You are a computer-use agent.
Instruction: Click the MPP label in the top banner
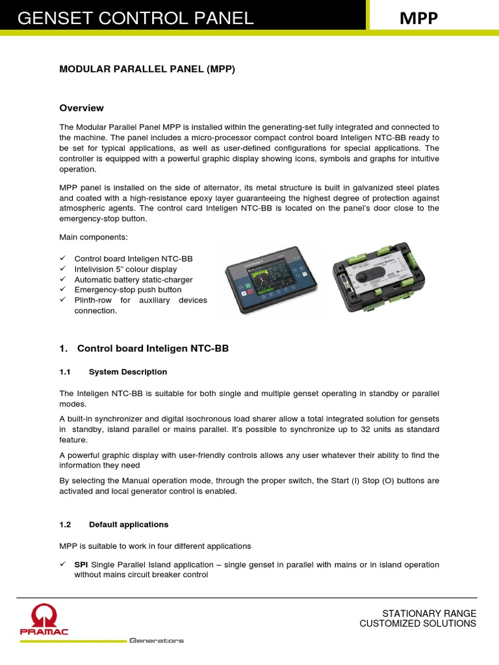point(418,19)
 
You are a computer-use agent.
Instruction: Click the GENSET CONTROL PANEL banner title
point(135,18)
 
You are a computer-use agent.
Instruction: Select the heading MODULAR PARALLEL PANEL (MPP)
point(147,69)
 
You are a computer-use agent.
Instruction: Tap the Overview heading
point(81,108)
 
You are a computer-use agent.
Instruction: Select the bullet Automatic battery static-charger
point(133,279)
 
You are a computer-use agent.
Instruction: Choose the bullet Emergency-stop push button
point(128,290)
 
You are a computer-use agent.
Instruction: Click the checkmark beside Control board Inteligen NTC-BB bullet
point(63,258)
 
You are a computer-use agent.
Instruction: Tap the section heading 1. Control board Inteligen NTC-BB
point(144,349)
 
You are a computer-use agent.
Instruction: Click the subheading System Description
point(127,372)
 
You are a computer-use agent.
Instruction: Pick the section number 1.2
point(64,524)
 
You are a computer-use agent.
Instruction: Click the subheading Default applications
point(128,524)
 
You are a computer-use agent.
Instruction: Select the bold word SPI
point(81,564)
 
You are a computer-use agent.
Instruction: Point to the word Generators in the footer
point(156,640)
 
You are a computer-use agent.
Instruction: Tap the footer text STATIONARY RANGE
point(429,613)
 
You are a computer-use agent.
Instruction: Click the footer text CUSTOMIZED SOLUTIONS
point(418,623)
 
